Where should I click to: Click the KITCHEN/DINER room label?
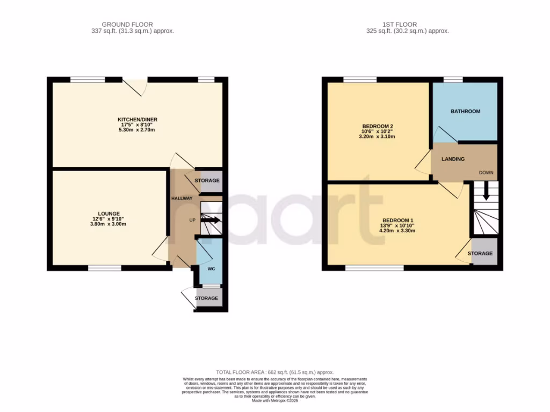point(137,119)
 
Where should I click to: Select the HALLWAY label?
point(182,198)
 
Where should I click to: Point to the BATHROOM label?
point(465,111)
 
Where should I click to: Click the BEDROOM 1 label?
point(399,220)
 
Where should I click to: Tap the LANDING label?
point(453,159)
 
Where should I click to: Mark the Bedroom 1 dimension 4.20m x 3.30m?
point(399,231)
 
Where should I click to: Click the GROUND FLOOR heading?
point(127,24)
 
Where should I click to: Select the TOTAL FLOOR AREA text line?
point(274,372)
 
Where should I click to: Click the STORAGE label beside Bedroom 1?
point(480,253)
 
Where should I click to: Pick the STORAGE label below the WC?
point(207,298)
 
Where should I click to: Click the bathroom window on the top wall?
point(453,79)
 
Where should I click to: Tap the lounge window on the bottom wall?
point(105,267)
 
